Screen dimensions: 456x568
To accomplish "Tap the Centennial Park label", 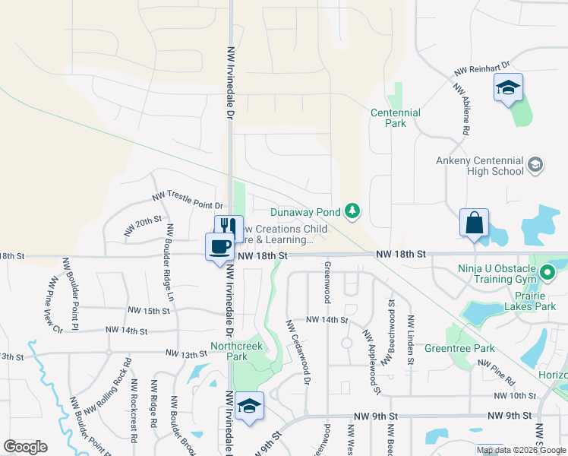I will tap(395, 118).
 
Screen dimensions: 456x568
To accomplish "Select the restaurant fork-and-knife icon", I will tap(229, 228).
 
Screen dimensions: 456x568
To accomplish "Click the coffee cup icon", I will tap(219, 246).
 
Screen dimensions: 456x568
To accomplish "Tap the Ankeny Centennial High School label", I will tap(480, 166).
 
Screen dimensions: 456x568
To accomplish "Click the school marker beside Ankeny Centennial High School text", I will tap(535, 165).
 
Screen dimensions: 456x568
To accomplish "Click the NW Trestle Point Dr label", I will tap(186, 200).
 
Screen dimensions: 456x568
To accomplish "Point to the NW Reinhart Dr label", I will tap(481, 68).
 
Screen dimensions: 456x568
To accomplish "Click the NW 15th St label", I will tap(148, 311).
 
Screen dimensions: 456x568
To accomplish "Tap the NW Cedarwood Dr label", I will tap(298, 352).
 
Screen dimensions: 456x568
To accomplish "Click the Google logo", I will tap(25, 447).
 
